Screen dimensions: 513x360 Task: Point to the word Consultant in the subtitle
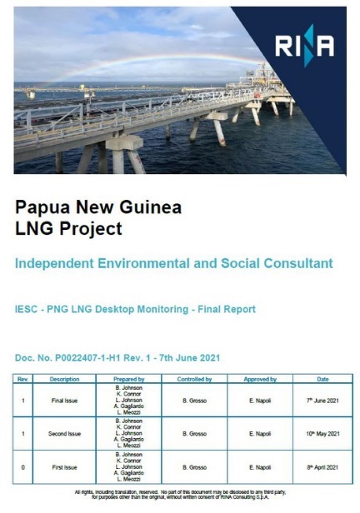(x=297, y=263)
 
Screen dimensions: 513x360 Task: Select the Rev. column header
(x=25, y=379)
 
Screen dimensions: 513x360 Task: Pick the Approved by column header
(x=260, y=379)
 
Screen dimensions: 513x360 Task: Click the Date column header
(x=322, y=379)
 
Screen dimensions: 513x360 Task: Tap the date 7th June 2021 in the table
(x=322, y=400)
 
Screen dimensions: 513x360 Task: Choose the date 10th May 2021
(x=322, y=434)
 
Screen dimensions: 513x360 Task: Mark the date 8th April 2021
(x=322, y=467)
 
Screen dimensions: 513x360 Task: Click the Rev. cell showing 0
(x=25, y=467)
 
